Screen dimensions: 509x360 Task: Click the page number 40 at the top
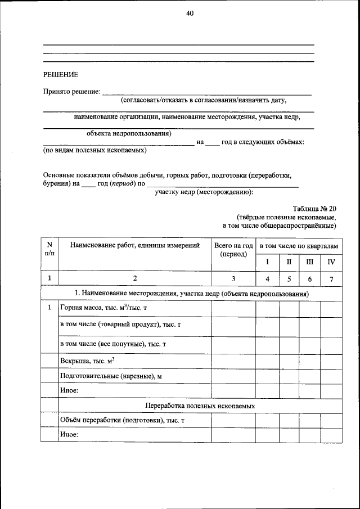click(x=190, y=14)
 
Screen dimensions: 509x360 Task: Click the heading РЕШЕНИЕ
click(x=61, y=74)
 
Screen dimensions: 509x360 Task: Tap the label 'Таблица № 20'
click(x=314, y=208)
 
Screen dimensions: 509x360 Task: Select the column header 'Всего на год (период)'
click(x=233, y=250)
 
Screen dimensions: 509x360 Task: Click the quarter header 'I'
click(x=268, y=262)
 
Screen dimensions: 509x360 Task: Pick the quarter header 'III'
click(x=309, y=262)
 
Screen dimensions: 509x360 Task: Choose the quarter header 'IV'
click(x=331, y=262)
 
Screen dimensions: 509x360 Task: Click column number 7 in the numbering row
click(x=331, y=278)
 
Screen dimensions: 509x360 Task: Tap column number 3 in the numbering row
click(x=233, y=278)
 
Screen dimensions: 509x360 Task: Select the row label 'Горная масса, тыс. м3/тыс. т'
click(x=103, y=308)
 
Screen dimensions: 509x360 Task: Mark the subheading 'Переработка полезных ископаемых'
click(x=200, y=406)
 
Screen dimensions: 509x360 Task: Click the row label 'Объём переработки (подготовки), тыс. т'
click(x=122, y=421)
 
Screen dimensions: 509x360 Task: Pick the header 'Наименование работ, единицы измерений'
click(x=134, y=245)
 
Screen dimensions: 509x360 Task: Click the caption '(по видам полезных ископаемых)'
click(x=95, y=151)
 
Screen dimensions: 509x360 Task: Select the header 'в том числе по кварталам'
click(x=299, y=246)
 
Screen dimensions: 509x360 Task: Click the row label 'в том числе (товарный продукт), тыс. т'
click(x=120, y=325)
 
